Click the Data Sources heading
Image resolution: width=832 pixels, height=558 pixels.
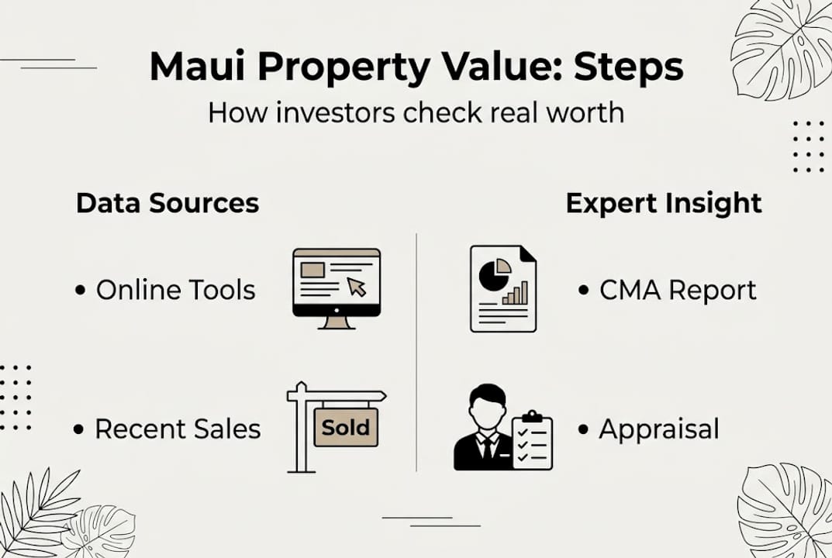point(167,203)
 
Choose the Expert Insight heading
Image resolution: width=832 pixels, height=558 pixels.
point(664,203)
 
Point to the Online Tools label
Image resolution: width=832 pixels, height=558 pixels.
point(175,290)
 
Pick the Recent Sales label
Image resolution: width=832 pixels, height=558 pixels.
point(178,429)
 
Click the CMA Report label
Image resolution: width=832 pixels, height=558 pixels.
point(677,291)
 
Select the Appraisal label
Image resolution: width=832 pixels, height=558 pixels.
point(658,429)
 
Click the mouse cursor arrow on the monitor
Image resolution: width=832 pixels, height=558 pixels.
point(357,288)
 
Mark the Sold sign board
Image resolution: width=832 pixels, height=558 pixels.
point(345,427)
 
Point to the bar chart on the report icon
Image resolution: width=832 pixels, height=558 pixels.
point(515,293)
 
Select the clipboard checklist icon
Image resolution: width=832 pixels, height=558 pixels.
point(533,441)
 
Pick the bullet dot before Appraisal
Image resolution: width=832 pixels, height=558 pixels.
point(583,429)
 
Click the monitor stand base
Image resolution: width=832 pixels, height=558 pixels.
point(337,323)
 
